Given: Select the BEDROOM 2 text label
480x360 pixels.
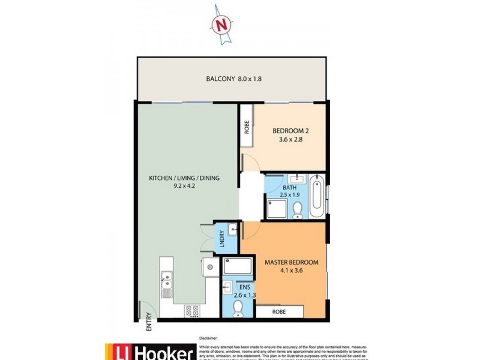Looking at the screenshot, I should coord(291,131).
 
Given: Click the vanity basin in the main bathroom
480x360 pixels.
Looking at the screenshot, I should coord(296,178).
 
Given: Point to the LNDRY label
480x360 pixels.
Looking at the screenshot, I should coord(221,240).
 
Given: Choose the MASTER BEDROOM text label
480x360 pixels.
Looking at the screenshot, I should coord(291,262).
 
